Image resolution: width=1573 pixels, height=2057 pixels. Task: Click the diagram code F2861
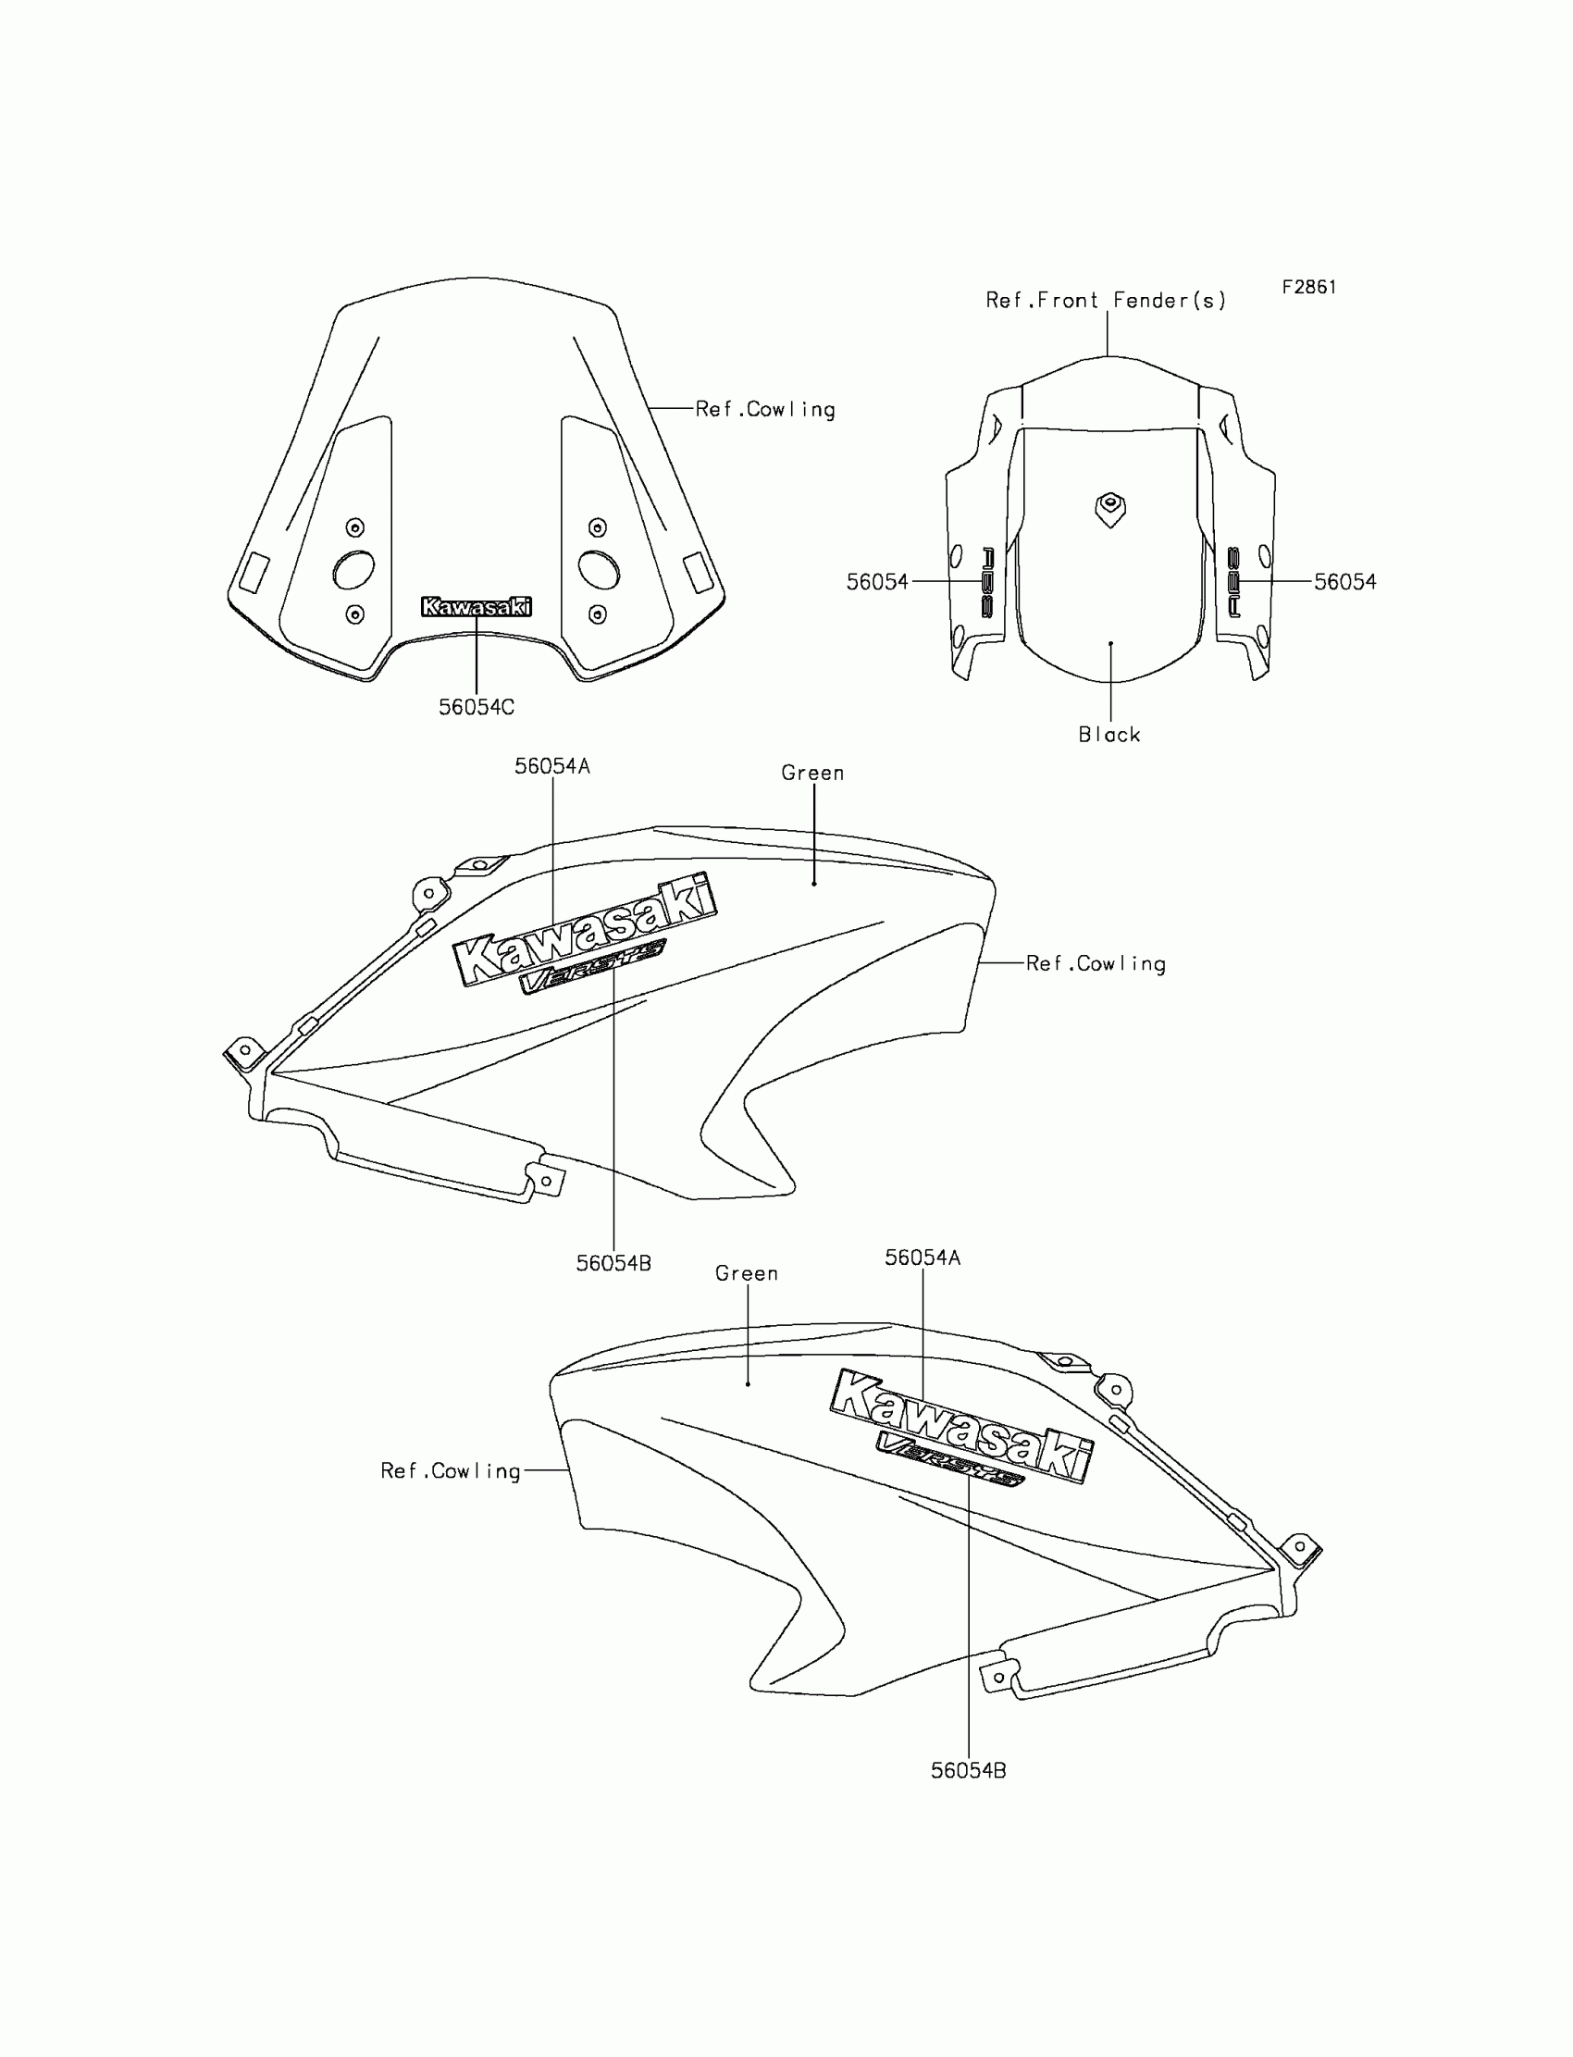click(x=1308, y=288)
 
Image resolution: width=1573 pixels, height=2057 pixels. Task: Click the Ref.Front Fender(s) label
click(x=1105, y=301)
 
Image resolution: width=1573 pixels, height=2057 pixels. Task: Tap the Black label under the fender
click(x=1109, y=735)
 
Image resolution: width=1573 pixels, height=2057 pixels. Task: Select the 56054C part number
click(x=477, y=708)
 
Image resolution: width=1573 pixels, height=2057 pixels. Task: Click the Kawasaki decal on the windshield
click(x=477, y=608)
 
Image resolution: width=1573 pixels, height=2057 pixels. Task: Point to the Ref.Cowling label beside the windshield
click(x=765, y=409)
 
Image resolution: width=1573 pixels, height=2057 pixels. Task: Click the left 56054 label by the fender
click(x=877, y=582)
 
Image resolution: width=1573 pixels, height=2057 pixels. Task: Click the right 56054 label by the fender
click(x=1344, y=582)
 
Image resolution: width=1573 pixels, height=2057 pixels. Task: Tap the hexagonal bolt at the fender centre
click(x=1110, y=508)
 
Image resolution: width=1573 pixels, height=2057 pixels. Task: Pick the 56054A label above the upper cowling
click(x=552, y=767)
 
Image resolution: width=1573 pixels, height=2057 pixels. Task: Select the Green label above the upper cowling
click(x=812, y=774)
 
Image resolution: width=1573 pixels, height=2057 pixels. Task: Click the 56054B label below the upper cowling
click(x=613, y=1264)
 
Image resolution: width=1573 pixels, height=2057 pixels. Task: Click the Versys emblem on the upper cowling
click(x=592, y=965)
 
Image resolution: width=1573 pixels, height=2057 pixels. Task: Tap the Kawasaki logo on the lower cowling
click(x=961, y=1426)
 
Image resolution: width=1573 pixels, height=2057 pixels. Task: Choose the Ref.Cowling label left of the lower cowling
click(x=451, y=1471)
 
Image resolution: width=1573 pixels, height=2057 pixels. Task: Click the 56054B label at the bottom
click(x=968, y=1770)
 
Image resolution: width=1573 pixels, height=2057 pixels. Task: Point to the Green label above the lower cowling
click(x=746, y=1273)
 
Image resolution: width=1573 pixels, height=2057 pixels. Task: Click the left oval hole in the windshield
click(x=353, y=569)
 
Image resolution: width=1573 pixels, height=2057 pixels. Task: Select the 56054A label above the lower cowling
click(x=923, y=1258)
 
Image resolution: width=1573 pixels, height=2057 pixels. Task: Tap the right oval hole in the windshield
click(x=599, y=569)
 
